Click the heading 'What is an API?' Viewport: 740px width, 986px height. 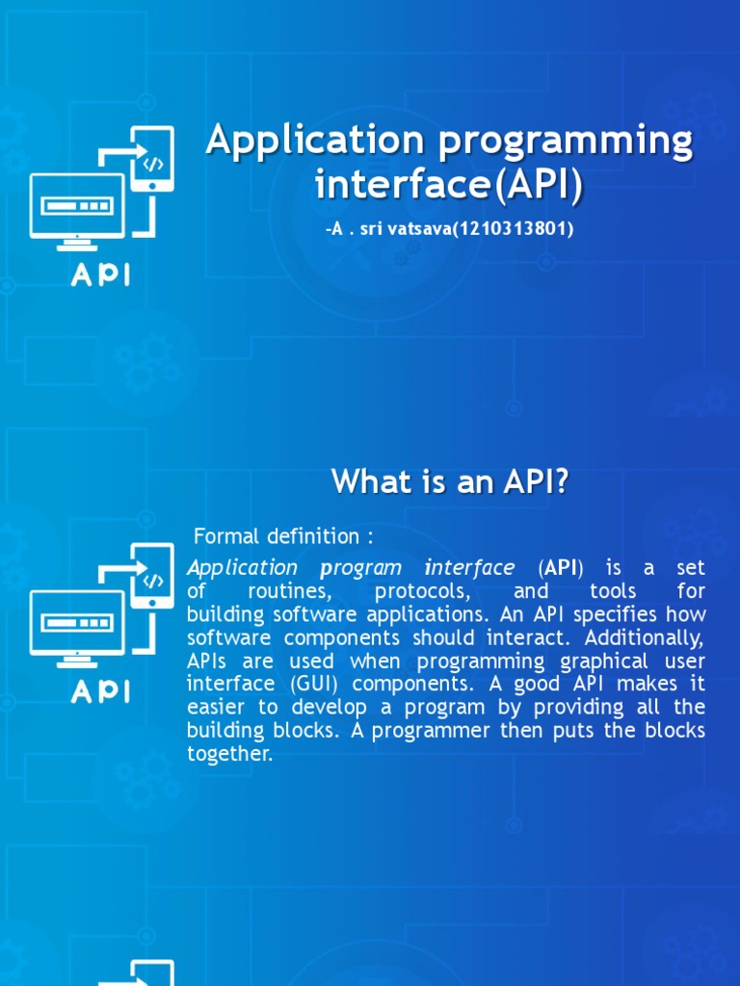pos(450,481)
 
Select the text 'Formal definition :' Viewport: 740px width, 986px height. pos(283,535)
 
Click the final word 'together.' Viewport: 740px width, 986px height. pos(230,754)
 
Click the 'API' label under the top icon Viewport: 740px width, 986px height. pos(100,275)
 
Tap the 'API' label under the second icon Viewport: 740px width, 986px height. pos(100,691)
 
